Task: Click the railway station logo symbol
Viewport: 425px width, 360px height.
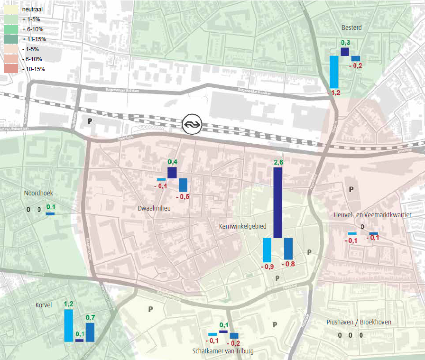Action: click(x=192, y=124)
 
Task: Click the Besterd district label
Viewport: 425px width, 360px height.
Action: click(x=351, y=28)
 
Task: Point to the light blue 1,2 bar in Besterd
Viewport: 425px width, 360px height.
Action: click(x=334, y=72)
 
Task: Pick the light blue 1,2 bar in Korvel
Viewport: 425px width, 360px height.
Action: click(x=68, y=325)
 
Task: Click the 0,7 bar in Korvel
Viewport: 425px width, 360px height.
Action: click(x=90, y=332)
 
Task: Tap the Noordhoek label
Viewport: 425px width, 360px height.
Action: click(x=38, y=193)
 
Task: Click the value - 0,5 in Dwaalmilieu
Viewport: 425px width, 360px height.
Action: click(x=183, y=196)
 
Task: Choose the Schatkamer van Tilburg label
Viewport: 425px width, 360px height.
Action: click(x=223, y=351)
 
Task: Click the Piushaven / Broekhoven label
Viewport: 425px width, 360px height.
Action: click(x=359, y=322)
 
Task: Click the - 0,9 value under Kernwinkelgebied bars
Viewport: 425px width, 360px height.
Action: click(x=268, y=267)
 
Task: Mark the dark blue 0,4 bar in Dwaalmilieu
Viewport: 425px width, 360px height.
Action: click(x=172, y=173)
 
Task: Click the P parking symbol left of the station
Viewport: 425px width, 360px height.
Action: click(x=90, y=121)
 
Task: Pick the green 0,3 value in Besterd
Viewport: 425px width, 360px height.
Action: click(x=345, y=43)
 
